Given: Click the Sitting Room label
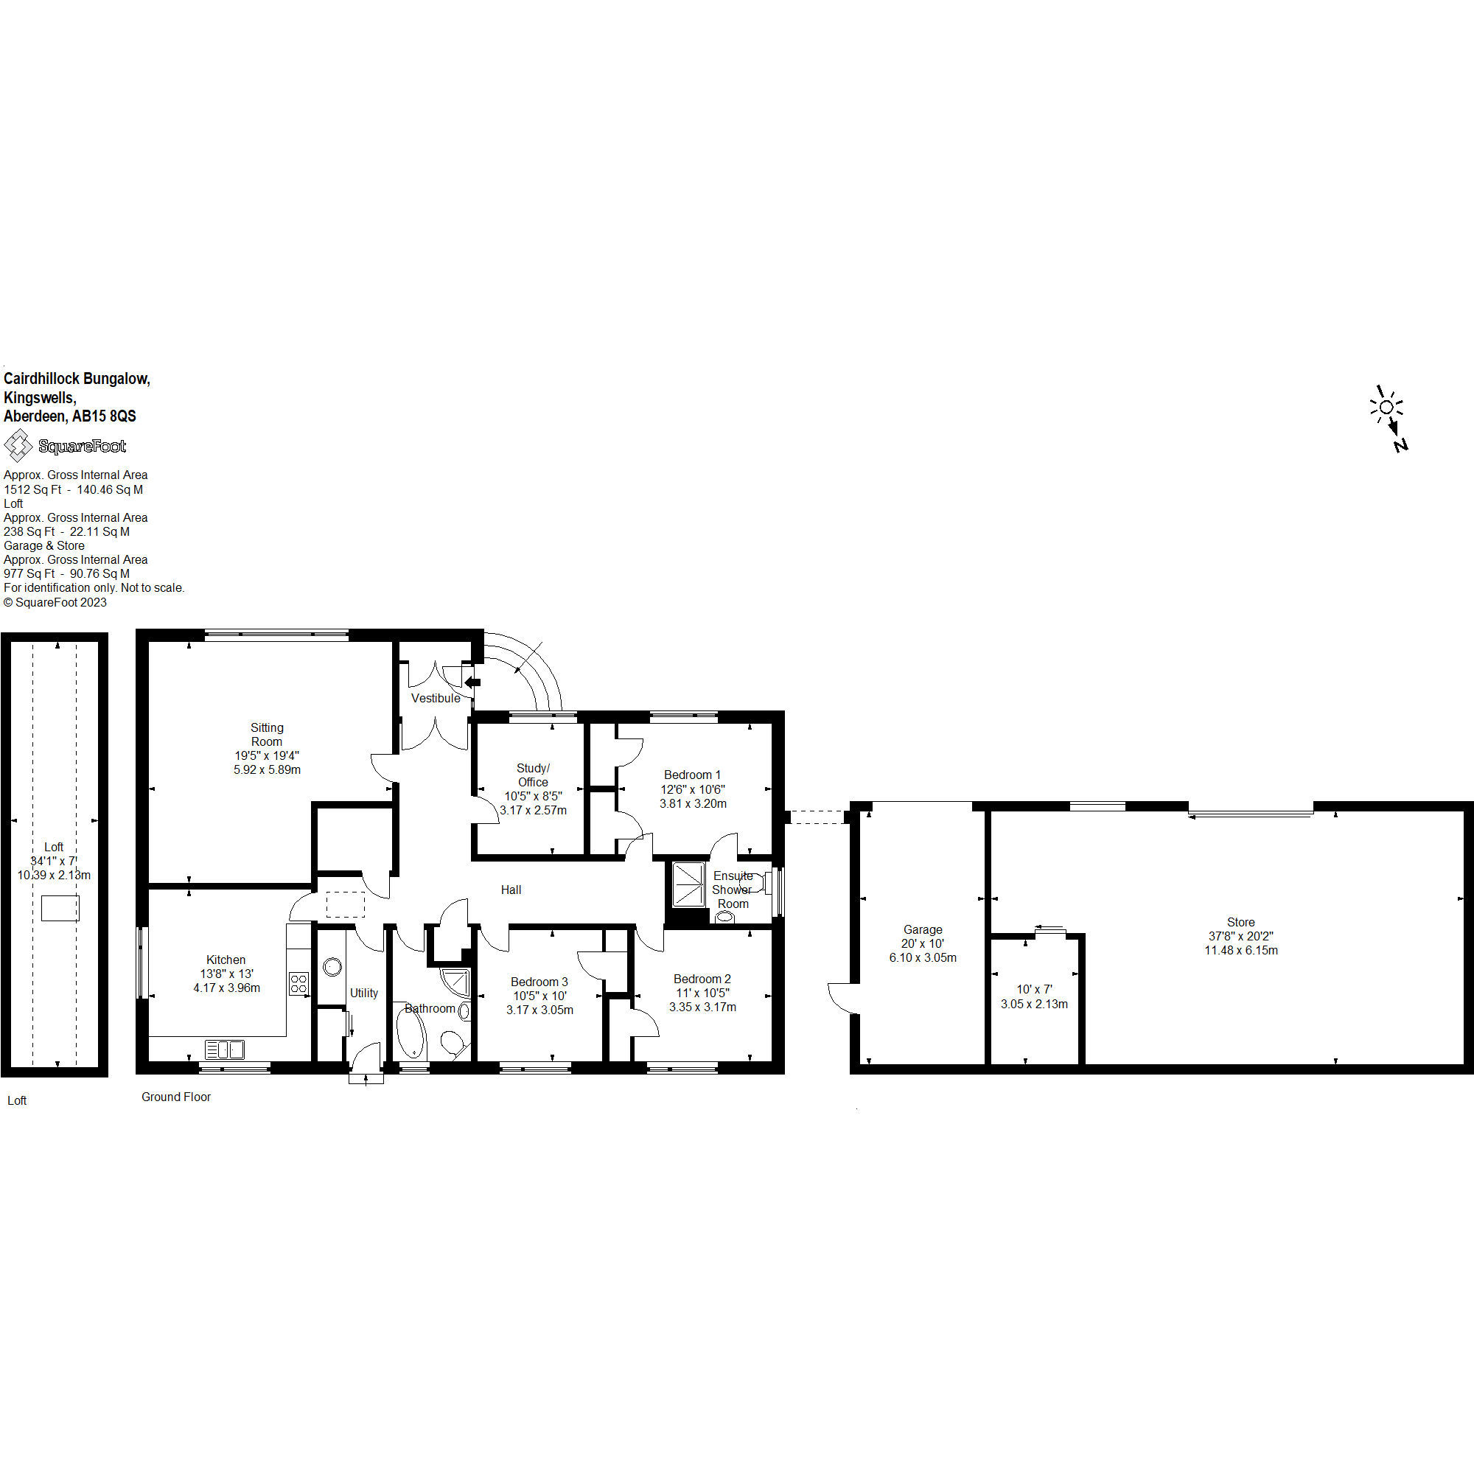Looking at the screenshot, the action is click(267, 735).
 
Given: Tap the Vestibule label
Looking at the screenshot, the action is click(436, 698).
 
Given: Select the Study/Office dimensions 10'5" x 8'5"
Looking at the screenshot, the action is click(534, 796).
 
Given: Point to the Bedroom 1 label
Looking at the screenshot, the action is click(692, 775).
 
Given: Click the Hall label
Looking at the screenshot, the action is click(511, 890).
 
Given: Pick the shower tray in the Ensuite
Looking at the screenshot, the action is click(689, 884).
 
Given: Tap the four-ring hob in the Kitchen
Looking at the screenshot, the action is click(298, 983).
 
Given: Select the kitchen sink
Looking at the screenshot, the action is click(225, 1049).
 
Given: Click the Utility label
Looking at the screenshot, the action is click(364, 993).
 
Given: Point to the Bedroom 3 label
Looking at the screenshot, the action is click(539, 982).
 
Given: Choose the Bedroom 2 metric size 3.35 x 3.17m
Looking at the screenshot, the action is click(702, 1006).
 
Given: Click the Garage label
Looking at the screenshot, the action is click(923, 929).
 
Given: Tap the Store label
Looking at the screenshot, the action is click(1240, 922).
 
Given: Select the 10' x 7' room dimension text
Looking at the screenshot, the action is click(1034, 989).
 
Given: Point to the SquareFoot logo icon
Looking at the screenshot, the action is click(18, 446).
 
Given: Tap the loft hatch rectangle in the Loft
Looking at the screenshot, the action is click(60, 909).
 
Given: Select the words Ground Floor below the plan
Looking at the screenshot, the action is click(176, 1097).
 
